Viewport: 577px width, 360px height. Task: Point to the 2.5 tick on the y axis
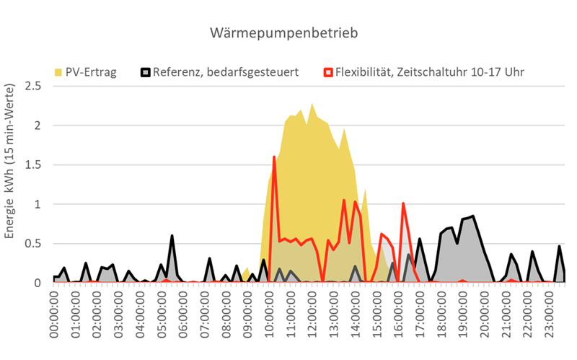(32, 86)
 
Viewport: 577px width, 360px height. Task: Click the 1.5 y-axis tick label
(32, 164)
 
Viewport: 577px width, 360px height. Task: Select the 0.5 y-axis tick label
(32, 243)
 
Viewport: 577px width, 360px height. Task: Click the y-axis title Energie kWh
(10, 184)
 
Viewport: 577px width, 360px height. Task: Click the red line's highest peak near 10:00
(274, 157)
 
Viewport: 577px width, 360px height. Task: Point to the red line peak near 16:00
(403, 203)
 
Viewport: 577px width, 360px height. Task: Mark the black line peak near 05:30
(172, 236)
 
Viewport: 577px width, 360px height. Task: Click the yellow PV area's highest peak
(312, 103)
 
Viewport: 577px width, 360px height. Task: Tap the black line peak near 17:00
(420, 239)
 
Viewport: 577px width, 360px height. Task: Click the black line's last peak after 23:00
(559, 246)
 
